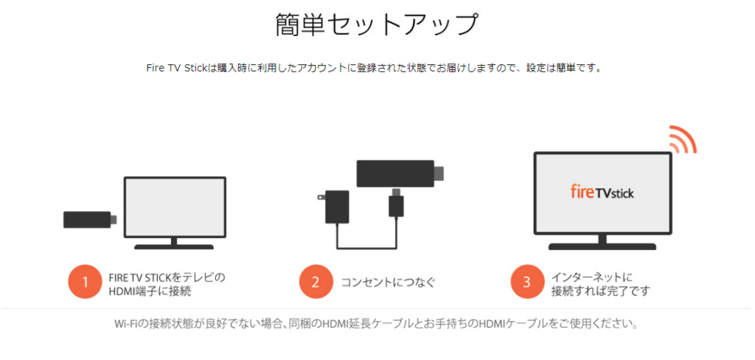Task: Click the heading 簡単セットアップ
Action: [377, 25]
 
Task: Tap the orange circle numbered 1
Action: [85, 283]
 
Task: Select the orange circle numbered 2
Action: [316, 283]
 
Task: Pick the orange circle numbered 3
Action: [526, 283]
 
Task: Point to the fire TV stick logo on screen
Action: [602, 193]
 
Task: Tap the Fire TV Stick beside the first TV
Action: [90, 220]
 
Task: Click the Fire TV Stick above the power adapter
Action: [400, 173]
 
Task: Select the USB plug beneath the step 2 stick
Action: [396, 202]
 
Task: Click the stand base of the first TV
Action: [174, 246]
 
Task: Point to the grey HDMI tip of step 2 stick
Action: [439, 173]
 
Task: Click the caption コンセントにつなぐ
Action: [388, 283]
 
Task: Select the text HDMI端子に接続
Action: [150, 291]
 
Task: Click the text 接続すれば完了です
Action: [600, 291]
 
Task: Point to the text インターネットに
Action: [592, 277]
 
